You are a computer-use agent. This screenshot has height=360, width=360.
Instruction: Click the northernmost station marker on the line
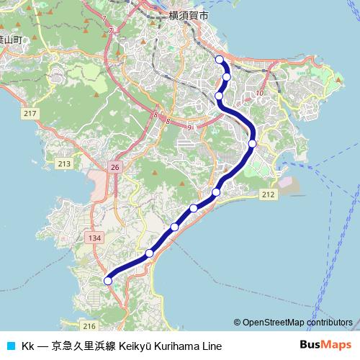click(219, 59)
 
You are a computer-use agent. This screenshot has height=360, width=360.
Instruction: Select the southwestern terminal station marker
click(108, 280)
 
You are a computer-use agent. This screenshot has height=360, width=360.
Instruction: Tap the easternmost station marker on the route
click(252, 143)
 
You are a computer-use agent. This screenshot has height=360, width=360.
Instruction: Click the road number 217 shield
click(30, 114)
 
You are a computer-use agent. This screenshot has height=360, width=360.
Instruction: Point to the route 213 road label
click(64, 164)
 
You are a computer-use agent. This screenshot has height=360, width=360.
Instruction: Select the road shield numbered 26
click(114, 166)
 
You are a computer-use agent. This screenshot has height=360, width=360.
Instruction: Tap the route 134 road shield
click(94, 238)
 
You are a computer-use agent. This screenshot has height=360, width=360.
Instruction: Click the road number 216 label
click(89, 326)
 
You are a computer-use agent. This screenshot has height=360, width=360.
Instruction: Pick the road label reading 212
click(269, 194)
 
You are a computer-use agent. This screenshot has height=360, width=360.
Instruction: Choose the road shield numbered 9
click(189, 127)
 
